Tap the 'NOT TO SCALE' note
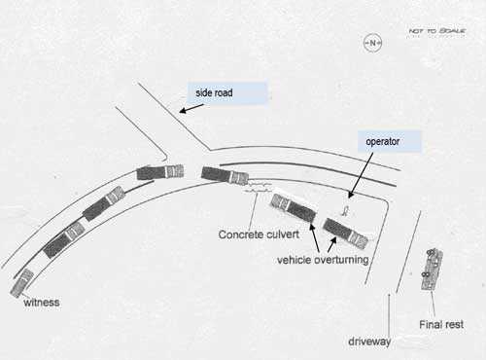point(437,31)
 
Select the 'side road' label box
point(227,93)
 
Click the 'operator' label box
point(389,141)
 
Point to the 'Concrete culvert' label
point(259,234)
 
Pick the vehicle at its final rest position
point(432,268)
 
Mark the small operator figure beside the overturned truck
point(347,208)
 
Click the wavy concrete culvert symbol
point(258,184)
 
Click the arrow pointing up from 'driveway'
point(389,310)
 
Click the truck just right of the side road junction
point(225,175)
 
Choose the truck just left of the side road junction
point(160,172)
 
